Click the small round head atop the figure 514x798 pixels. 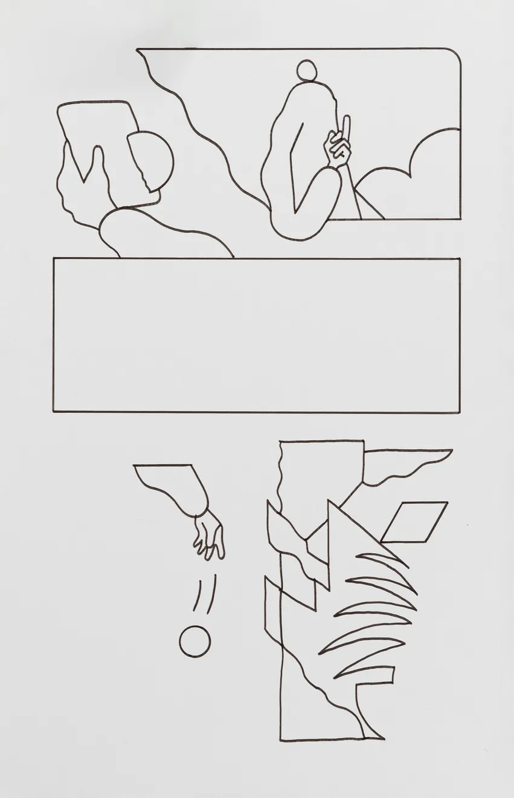307,71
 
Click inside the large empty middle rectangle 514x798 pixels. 256,336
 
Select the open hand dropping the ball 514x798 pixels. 209,536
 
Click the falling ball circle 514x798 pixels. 195,641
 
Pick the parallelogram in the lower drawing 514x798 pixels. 414,522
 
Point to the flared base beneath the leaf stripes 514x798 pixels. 366,713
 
